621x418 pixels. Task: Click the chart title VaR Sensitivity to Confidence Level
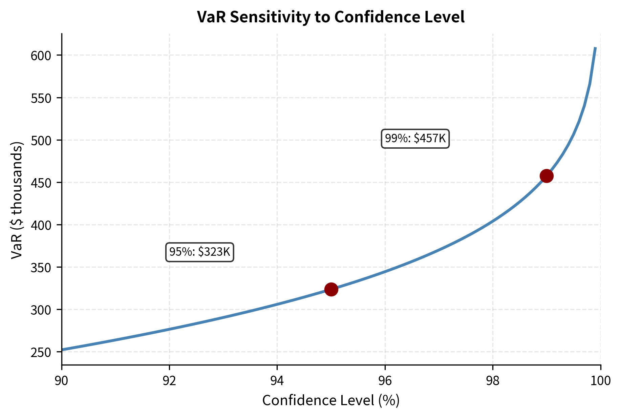[x=331, y=17]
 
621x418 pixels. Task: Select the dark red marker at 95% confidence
[x=331, y=289]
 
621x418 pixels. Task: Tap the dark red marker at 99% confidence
[x=547, y=176]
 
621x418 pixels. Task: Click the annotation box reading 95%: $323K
[x=199, y=252]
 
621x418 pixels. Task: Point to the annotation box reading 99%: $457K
[x=415, y=139]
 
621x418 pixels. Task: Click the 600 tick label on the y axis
[x=40, y=56]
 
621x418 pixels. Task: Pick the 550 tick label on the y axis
[x=40, y=98]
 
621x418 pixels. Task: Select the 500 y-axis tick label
[x=40, y=140]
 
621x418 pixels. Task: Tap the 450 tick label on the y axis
[x=40, y=183]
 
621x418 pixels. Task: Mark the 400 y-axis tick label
[x=40, y=225]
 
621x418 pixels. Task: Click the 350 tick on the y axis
[x=40, y=268]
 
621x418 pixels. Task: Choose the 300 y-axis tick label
[x=40, y=310]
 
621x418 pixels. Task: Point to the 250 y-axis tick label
[x=40, y=352]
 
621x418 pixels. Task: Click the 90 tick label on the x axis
[x=62, y=381]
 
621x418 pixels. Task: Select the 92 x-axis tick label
[x=169, y=381]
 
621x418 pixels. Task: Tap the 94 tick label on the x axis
[x=277, y=381]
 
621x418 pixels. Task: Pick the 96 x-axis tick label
[x=385, y=381]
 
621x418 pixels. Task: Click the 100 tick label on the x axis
[x=600, y=381]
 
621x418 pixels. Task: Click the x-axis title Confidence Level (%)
[x=331, y=400]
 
